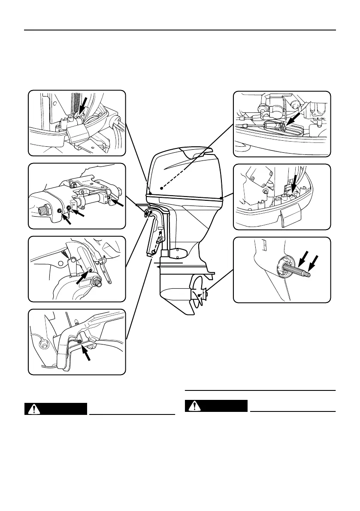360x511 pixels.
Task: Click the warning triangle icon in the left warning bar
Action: (x=31, y=409)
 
